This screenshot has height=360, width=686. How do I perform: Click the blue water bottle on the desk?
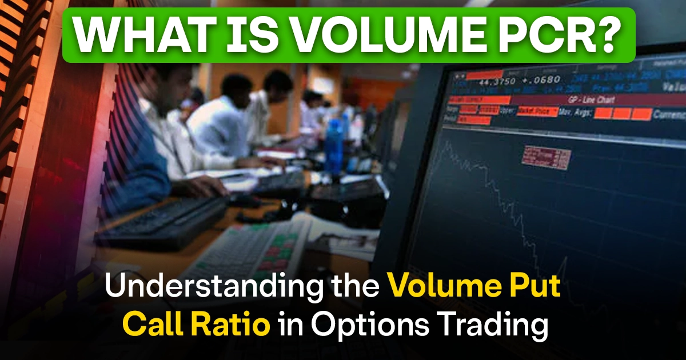pos(334,145)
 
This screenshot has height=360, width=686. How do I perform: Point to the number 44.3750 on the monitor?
pos(501,81)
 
